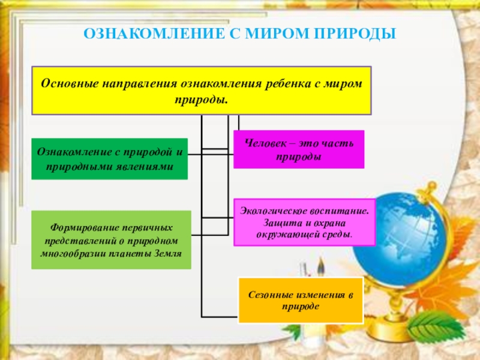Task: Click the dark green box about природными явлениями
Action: [x=109, y=158]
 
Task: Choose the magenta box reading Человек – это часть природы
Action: [x=298, y=149]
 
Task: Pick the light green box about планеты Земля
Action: [x=111, y=239]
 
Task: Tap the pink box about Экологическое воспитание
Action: [x=304, y=222]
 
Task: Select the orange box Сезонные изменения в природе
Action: [x=300, y=300]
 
